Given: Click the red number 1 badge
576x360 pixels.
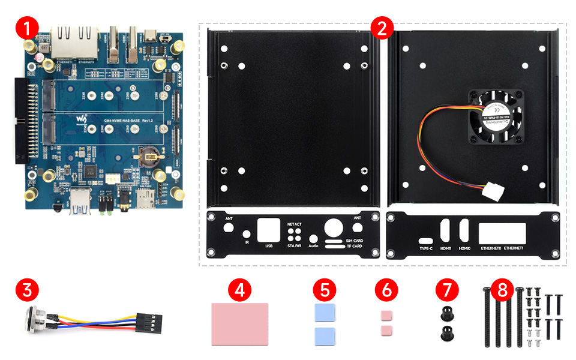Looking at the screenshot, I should pos(28,27).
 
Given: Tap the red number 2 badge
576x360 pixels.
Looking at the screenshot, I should pos(382,27).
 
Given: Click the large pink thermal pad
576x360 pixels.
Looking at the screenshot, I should pos(240,323).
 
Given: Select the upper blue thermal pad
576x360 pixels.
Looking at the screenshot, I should pos(324,313).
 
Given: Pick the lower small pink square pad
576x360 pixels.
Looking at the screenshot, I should pos(386,331).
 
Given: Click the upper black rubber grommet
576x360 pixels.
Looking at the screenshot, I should pos(445,313).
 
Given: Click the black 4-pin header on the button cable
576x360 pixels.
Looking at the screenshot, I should pos(152,324).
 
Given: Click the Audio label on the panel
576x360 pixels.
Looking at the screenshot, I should pos(313,246).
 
